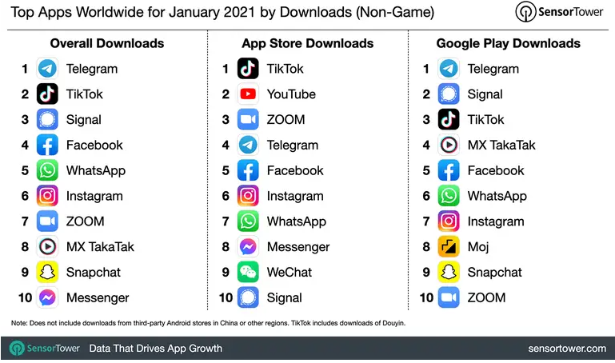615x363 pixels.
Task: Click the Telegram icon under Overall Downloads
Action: pos(47,69)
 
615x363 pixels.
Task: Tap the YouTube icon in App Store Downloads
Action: pos(248,94)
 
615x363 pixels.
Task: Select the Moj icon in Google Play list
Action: pos(449,247)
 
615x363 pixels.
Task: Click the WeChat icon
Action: pos(248,273)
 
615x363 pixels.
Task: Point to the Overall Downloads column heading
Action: pos(107,43)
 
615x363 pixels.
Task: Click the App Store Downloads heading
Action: pos(307,43)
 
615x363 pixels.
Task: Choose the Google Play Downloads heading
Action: pos(508,43)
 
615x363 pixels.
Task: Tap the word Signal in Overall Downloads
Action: pos(83,120)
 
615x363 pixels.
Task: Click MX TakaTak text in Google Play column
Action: pos(501,146)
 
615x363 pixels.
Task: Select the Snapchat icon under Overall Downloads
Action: pos(47,273)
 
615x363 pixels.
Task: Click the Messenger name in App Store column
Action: pos(298,247)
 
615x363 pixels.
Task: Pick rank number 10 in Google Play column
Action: pos(425,298)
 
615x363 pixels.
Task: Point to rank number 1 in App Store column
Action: pos(226,69)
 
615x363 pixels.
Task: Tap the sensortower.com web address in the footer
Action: pos(567,349)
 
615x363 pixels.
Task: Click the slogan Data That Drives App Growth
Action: pos(155,349)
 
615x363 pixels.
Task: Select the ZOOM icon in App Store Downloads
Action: pos(248,120)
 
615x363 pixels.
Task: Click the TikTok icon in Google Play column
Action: pos(449,120)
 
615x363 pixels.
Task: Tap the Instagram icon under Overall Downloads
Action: pos(47,196)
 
